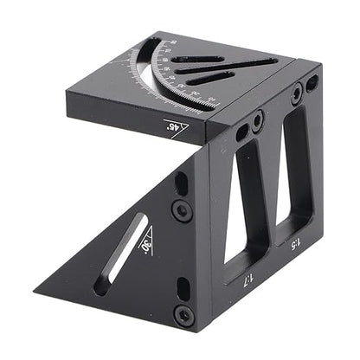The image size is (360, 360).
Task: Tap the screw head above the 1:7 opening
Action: point(257,125)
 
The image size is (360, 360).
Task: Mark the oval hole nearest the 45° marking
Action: point(241,132)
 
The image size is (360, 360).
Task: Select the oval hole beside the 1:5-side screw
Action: point(312,82)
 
